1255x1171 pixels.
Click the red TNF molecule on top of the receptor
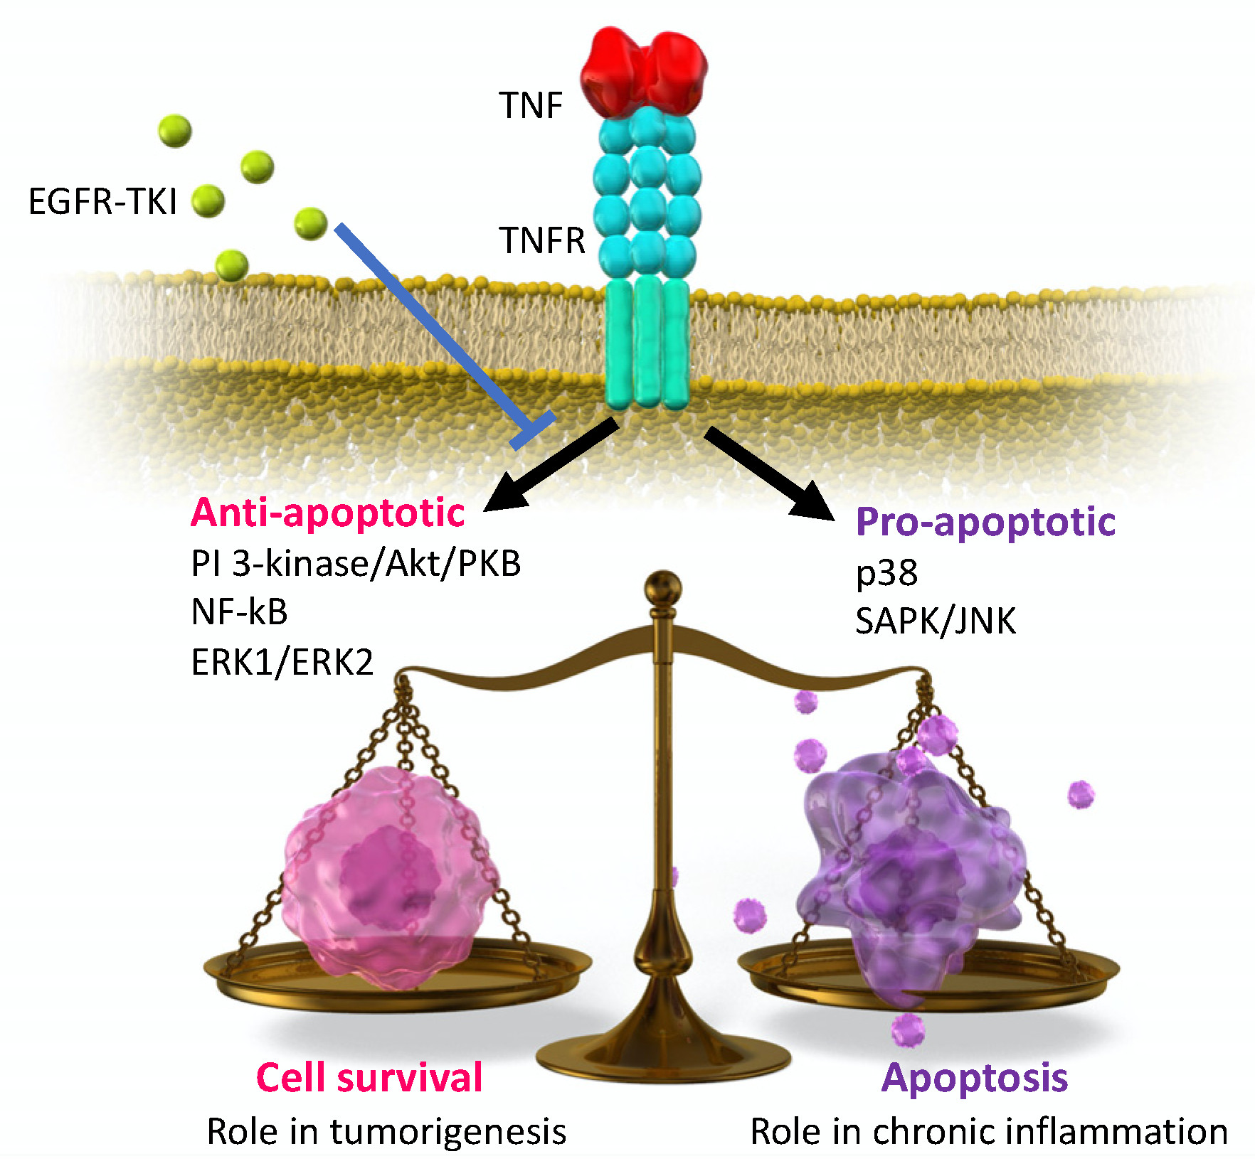[x=644, y=71]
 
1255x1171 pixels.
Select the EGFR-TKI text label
[x=102, y=201]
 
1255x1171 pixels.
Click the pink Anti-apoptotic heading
[x=327, y=513]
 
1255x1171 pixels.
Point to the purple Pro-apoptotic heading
[x=985, y=522]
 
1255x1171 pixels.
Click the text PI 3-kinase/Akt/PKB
[x=356, y=564]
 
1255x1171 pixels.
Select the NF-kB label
[x=240, y=611]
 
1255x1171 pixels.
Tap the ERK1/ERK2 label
[x=282, y=662]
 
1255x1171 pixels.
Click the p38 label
[x=886, y=573]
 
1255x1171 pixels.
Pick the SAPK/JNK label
[x=935, y=621]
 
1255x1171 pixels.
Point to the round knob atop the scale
[x=662, y=589]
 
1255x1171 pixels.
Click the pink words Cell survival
[x=369, y=1077]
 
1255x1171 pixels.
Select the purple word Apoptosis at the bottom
[x=975, y=1078]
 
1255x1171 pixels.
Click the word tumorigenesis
[x=448, y=1131]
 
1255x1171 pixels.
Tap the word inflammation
[x=1131, y=1131]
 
